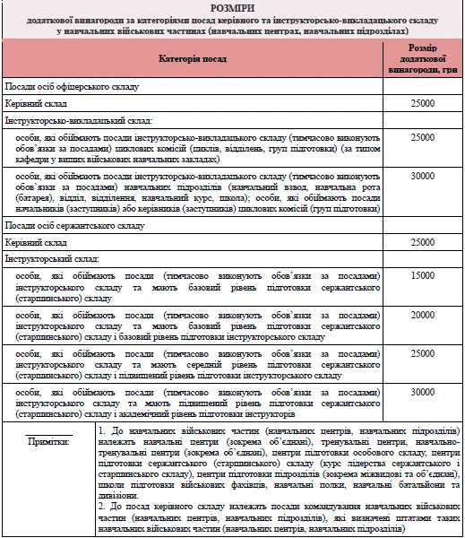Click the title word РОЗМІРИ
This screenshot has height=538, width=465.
pyautogui.click(x=232, y=7)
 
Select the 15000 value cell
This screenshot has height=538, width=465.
pyautogui.click(x=422, y=275)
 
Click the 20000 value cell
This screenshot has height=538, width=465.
pyautogui.click(x=422, y=315)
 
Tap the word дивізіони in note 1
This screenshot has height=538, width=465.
pyautogui.click(x=122, y=492)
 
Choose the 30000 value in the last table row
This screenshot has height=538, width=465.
pyautogui.click(x=422, y=392)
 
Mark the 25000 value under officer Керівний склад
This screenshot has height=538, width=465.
pyautogui.click(x=422, y=104)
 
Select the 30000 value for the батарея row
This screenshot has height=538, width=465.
pyautogui.click(x=422, y=176)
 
